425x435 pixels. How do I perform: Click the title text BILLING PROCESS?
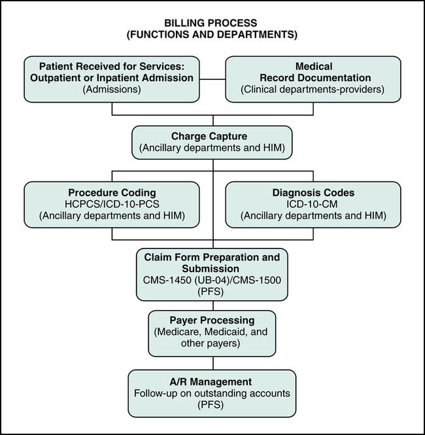[212, 23]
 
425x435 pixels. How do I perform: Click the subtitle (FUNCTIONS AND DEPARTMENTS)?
[212, 34]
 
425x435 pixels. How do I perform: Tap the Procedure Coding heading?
[112, 193]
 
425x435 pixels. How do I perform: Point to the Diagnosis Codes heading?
[313, 193]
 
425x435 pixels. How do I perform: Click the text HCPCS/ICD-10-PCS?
[112, 204]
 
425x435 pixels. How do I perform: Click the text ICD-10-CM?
[313, 204]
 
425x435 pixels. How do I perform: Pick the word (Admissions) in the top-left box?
[112, 90]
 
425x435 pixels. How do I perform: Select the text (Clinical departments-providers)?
[313, 90]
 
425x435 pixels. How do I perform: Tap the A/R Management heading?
[212, 381]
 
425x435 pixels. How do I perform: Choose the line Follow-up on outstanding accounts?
[212, 392]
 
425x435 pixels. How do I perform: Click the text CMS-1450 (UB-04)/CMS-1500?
[212, 280]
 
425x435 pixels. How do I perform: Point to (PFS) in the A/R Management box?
[212, 404]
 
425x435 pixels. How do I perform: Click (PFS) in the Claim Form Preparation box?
[212, 291]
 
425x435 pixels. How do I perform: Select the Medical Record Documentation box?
[313, 78]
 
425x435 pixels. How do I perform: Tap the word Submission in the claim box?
[212, 269]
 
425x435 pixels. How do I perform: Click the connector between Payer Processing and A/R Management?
[212, 363]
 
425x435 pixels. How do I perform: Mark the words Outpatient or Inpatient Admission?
[112, 78]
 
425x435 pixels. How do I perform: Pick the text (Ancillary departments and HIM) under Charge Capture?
[212, 148]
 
